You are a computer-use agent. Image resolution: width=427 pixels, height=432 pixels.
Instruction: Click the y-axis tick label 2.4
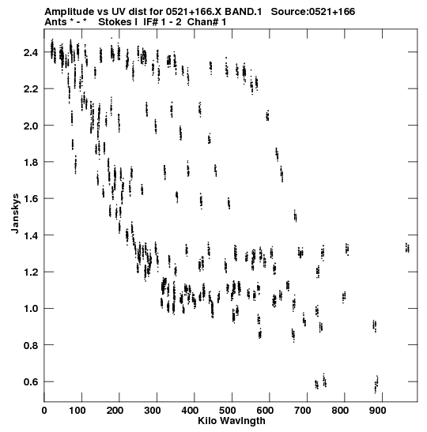click(x=30, y=52)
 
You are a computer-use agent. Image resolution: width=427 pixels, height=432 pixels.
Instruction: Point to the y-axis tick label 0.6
click(x=30, y=382)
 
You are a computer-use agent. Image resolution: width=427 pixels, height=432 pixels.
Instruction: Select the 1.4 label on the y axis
click(x=30, y=235)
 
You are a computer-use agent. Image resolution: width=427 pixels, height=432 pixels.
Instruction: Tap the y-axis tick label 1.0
click(x=30, y=309)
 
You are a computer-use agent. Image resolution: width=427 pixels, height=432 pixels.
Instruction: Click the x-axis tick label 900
click(x=377, y=411)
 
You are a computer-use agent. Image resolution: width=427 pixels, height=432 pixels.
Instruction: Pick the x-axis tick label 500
click(x=227, y=411)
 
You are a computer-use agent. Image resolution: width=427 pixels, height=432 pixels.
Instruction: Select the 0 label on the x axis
click(x=44, y=411)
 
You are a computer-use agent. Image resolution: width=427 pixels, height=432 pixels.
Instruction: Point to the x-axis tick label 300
click(x=152, y=411)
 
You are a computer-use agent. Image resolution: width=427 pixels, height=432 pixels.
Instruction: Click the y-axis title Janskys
click(x=16, y=213)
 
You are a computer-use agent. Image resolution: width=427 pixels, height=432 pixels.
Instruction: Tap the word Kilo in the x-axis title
click(x=207, y=421)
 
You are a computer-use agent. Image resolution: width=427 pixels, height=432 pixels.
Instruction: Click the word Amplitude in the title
click(x=69, y=12)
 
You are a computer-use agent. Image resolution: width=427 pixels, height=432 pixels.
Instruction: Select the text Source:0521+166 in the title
click(x=313, y=12)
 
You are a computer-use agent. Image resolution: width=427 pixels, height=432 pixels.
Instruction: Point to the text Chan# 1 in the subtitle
click(x=206, y=22)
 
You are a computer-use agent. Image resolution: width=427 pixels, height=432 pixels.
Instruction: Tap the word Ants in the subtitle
click(x=55, y=22)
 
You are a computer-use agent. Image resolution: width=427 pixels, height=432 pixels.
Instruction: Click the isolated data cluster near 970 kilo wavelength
click(x=407, y=247)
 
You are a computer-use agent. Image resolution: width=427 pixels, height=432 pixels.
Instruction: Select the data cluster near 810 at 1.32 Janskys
click(x=347, y=250)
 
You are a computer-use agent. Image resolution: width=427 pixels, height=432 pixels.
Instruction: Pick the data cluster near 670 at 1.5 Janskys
click(x=295, y=216)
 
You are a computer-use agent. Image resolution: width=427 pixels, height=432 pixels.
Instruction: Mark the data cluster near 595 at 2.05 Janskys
click(x=267, y=115)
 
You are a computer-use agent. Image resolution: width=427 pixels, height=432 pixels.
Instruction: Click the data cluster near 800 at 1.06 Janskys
click(x=344, y=297)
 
